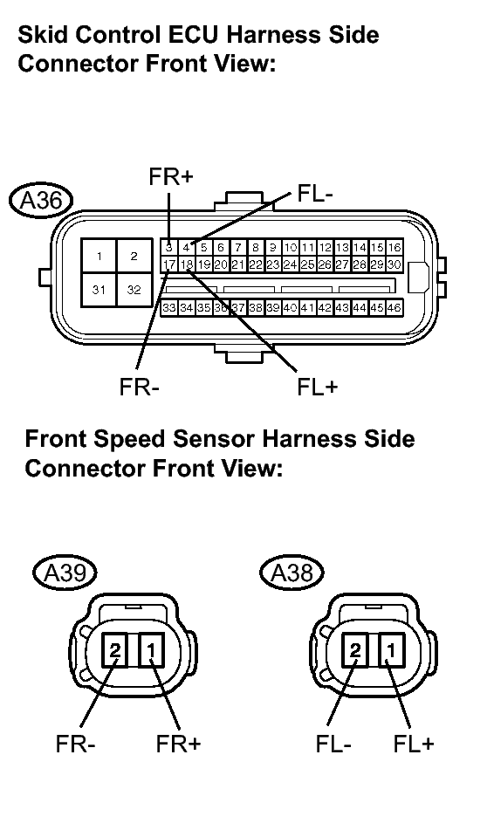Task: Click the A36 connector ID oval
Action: [x=40, y=201]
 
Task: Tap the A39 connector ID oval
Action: [x=65, y=573]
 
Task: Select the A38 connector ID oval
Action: [x=292, y=573]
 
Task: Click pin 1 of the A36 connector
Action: [x=99, y=257]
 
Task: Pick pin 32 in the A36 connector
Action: [x=134, y=290]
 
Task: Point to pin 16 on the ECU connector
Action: [x=394, y=247]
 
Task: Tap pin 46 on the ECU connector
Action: [x=394, y=307]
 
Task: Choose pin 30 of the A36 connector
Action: [x=394, y=264]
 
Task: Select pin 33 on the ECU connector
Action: [x=169, y=307]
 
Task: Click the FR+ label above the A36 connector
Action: [x=170, y=178]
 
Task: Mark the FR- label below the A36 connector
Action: [x=139, y=388]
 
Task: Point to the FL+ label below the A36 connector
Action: [x=318, y=388]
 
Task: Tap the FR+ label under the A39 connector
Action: [x=178, y=744]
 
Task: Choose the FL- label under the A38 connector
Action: [x=333, y=744]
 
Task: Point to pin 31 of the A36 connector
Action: [x=99, y=290]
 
